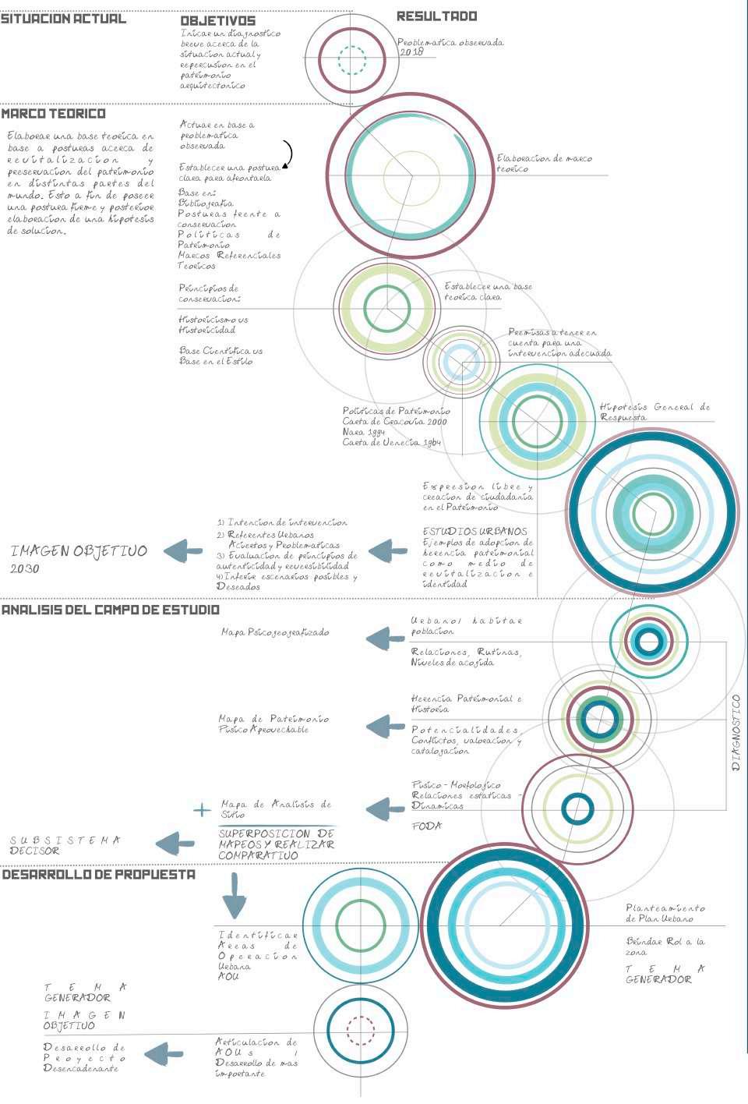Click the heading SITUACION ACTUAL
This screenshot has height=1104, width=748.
coord(63,19)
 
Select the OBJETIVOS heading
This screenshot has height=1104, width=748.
coord(218,21)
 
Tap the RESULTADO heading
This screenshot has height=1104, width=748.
coord(436,16)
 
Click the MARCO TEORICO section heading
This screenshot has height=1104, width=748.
coord(54,114)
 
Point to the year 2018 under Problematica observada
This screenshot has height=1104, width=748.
coord(412,52)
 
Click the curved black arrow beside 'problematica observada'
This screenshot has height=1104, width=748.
coord(288,154)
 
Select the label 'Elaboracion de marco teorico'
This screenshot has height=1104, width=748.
coord(544,164)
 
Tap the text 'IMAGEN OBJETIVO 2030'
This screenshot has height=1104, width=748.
coord(79,558)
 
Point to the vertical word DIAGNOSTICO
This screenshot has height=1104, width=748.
coord(736,733)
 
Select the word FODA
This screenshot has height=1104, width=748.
coord(426,826)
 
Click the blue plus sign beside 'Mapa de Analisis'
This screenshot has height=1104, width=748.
coord(202,810)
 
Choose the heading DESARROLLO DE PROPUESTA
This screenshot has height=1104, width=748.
coord(99,875)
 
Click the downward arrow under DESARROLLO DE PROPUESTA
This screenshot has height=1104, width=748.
coord(234,896)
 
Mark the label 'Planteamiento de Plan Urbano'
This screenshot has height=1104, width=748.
coord(665,913)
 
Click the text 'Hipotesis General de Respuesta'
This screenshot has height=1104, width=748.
coord(654,412)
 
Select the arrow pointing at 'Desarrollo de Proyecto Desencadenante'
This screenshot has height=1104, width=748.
coord(164,1054)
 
